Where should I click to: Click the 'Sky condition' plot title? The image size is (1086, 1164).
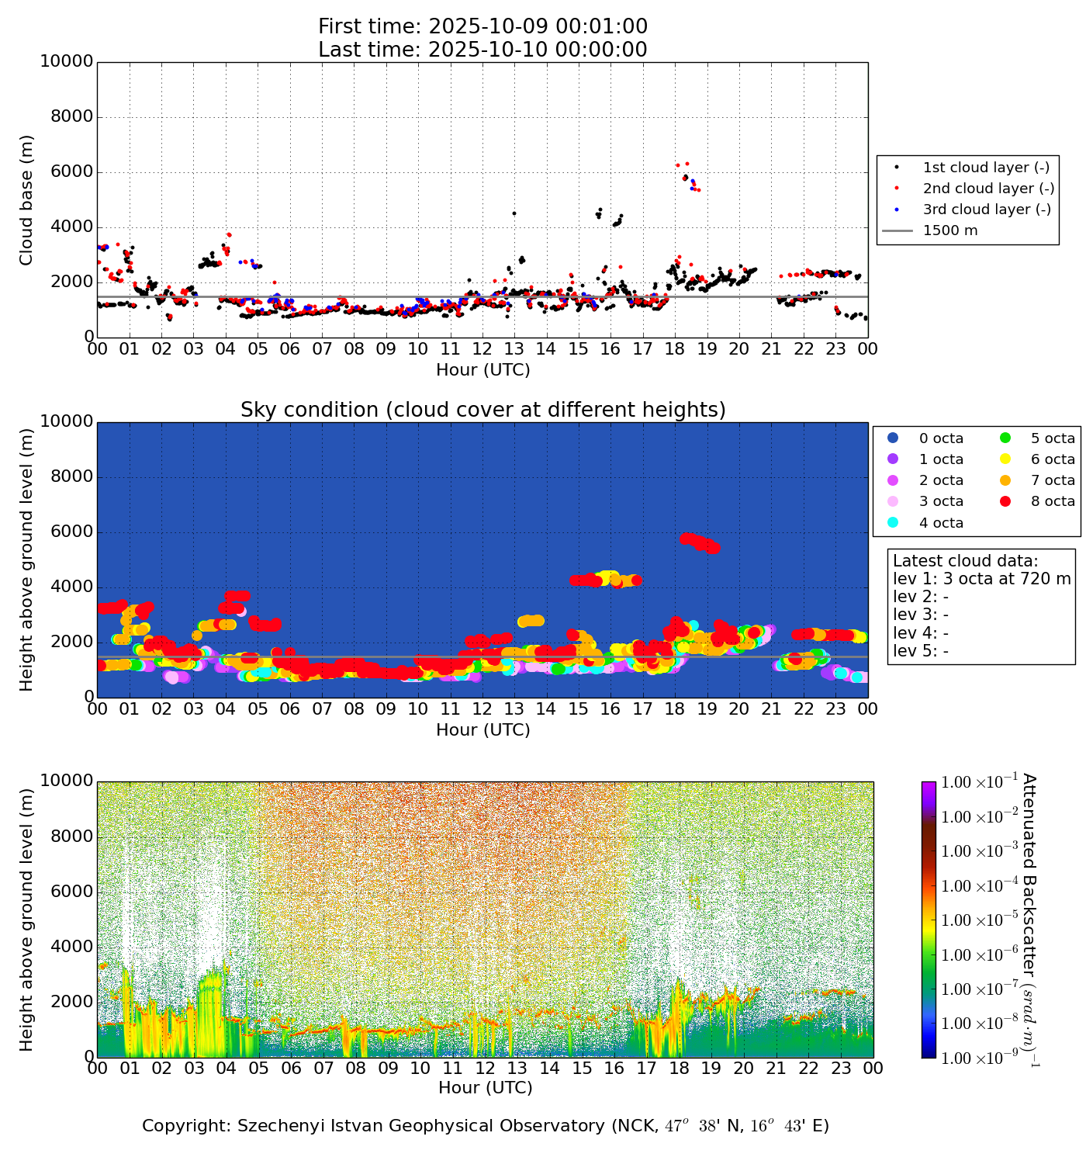(482, 410)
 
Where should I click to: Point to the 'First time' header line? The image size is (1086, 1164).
(482, 26)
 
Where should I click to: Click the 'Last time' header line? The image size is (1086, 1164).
(482, 50)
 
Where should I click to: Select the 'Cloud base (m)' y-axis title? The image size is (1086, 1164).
(27, 199)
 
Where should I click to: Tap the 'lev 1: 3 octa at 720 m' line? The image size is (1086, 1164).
(981, 579)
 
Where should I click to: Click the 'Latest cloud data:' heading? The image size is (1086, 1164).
(965, 561)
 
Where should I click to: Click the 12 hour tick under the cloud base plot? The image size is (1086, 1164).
(482, 349)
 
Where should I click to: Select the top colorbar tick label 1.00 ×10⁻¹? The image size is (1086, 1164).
(974, 782)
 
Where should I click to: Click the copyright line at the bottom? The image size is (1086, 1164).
(486, 1126)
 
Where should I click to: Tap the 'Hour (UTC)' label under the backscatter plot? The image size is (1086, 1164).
(486, 1088)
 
